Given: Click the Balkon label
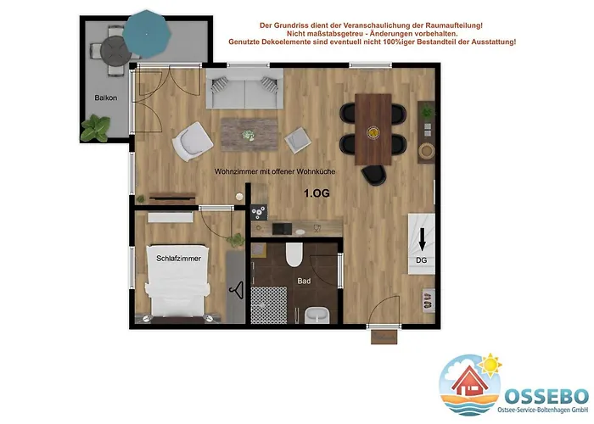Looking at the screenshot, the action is click(106, 98).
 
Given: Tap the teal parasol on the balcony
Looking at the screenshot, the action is click(147, 34).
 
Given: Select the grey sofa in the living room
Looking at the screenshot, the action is click(244, 88).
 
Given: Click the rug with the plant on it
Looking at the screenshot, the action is click(249, 134).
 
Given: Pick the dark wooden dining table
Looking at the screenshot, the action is click(373, 130).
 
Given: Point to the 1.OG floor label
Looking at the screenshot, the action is click(317, 193).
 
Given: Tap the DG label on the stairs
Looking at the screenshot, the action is click(421, 260).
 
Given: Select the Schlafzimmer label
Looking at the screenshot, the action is click(179, 259).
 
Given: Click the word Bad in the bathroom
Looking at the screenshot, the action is click(304, 281).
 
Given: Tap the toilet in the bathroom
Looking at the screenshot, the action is click(294, 254).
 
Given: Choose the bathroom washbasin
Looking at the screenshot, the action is click(317, 315).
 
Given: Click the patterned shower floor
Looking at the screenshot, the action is click(269, 305).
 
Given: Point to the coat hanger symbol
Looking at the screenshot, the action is click(236, 290).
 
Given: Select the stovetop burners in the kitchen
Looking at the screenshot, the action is click(259, 212).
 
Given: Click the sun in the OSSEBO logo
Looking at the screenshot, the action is click(490, 365).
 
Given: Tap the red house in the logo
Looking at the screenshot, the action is click(470, 381).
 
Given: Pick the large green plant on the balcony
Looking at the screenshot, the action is click(95, 127).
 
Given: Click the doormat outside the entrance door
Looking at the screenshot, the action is click(384, 337).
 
